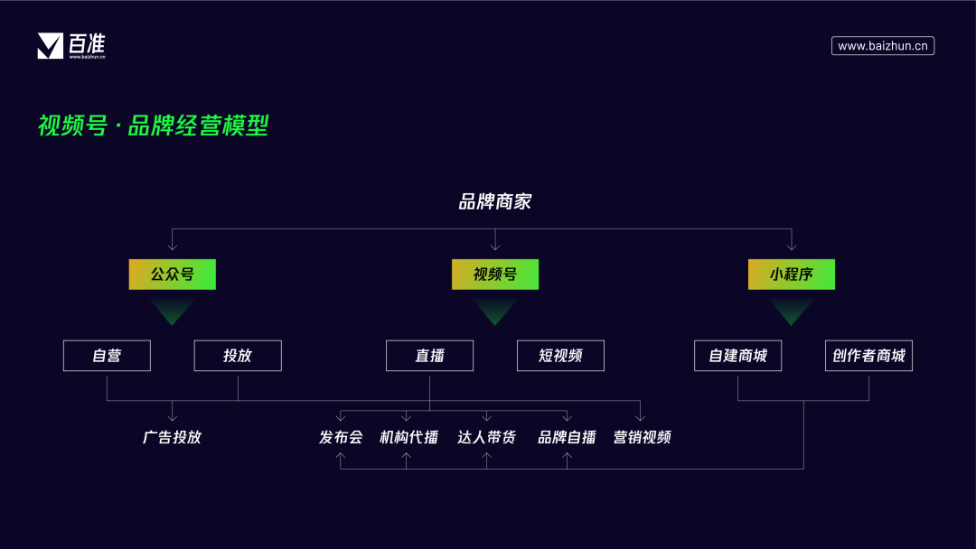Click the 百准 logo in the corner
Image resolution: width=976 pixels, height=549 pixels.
pyautogui.click(x=71, y=45)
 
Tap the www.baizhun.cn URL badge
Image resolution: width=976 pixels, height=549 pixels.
pyautogui.click(x=882, y=46)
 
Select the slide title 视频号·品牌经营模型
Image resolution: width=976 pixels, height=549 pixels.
pyautogui.click(x=153, y=126)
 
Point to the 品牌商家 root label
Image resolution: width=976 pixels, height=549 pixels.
pyautogui.click(x=494, y=201)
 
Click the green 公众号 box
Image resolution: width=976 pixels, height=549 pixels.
pyautogui.click(x=172, y=274)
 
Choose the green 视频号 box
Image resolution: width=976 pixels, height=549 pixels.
pyautogui.click(x=494, y=274)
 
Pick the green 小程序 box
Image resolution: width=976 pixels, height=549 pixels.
pyautogui.click(x=791, y=274)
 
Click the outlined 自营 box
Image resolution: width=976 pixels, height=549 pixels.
pyautogui.click(x=107, y=356)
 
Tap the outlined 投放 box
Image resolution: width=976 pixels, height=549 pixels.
pyautogui.click(x=238, y=356)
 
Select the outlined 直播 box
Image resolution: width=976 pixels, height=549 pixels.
pyautogui.click(x=429, y=356)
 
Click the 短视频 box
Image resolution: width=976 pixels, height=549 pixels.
pyautogui.click(x=560, y=356)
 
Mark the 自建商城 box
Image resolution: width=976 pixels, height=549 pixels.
pyautogui.click(x=737, y=356)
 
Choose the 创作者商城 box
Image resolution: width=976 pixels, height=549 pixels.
pyautogui.click(x=868, y=356)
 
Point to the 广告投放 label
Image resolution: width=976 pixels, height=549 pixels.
pyautogui.click(x=172, y=437)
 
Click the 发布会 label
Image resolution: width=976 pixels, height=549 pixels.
pyautogui.click(x=341, y=437)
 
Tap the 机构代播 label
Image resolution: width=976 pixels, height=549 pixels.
pyautogui.click(x=408, y=437)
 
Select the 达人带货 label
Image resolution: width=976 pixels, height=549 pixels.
pyautogui.click(x=486, y=437)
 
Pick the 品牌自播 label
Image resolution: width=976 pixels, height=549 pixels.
pyautogui.click(x=567, y=437)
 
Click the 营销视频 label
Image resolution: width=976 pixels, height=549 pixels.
pyautogui.click(x=642, y=437)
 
